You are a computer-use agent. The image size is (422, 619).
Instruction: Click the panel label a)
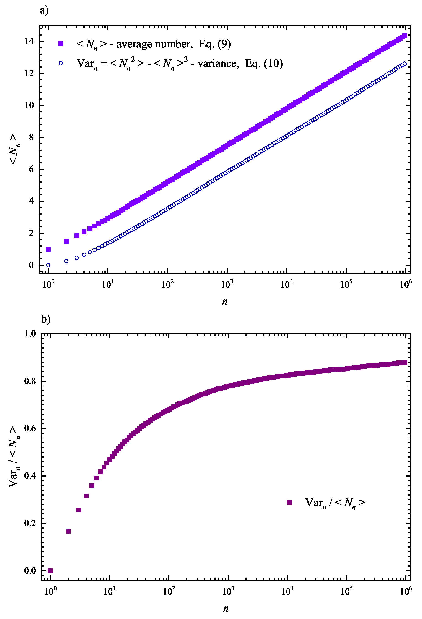point(44,11)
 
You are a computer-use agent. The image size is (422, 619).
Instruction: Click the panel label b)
point(46,319)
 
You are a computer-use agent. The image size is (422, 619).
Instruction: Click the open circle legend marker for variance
point(61,63)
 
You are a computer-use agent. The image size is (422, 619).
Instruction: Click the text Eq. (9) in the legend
point(215,44)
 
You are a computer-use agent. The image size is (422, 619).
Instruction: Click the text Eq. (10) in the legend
point(264,63)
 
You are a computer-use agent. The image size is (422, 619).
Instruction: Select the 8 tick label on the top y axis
point(31,137)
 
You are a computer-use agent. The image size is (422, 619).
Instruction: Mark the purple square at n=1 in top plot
point(48,249)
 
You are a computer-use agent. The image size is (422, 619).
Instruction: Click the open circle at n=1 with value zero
point(48,265)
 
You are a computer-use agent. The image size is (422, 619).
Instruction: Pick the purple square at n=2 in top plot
point(66,241)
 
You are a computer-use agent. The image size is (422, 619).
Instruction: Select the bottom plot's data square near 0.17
point(68,531)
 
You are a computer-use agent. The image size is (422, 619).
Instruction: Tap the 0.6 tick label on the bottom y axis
point(30,429)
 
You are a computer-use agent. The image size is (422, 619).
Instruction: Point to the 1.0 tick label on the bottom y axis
point(30,333)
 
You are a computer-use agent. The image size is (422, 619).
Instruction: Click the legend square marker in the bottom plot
point(289,502)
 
